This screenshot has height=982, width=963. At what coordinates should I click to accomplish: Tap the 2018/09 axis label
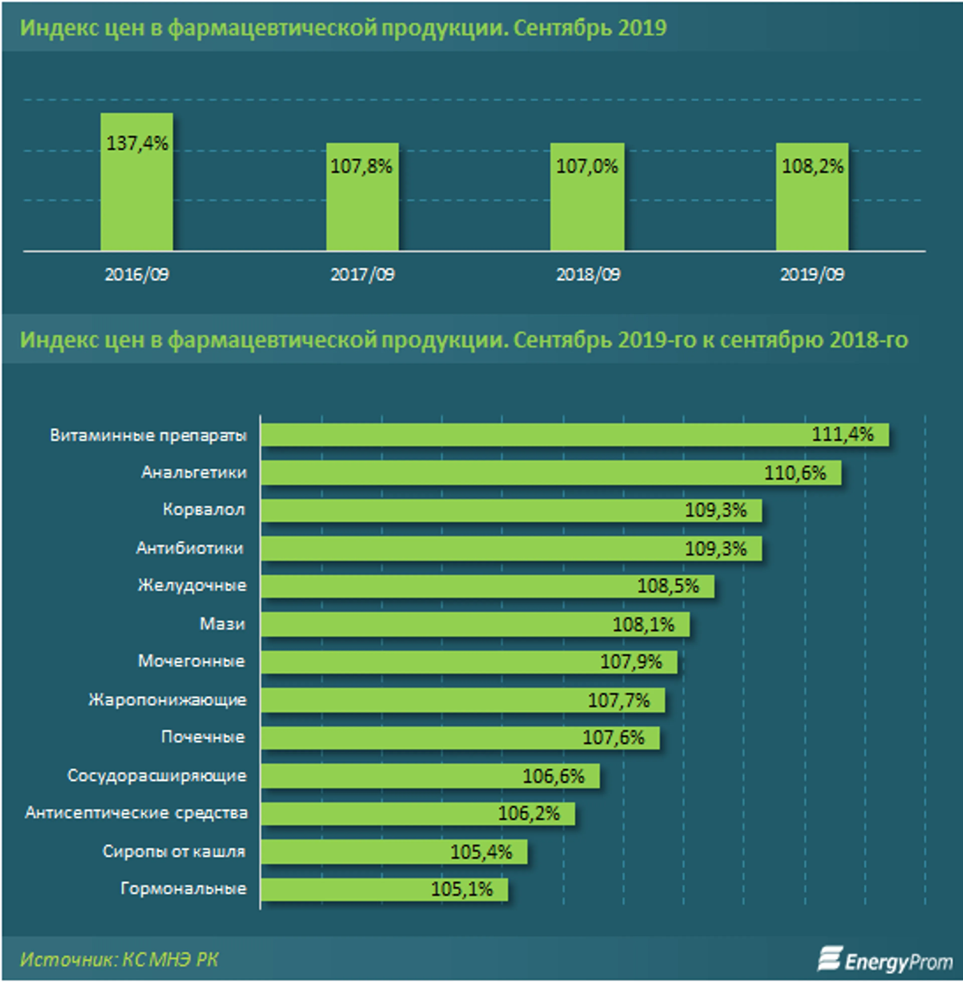point(588,275)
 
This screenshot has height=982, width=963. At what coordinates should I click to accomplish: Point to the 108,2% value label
point(812,166)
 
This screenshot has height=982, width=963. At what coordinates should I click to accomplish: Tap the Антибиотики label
point(190,548)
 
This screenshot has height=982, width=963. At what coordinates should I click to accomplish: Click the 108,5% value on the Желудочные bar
point(668,586)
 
